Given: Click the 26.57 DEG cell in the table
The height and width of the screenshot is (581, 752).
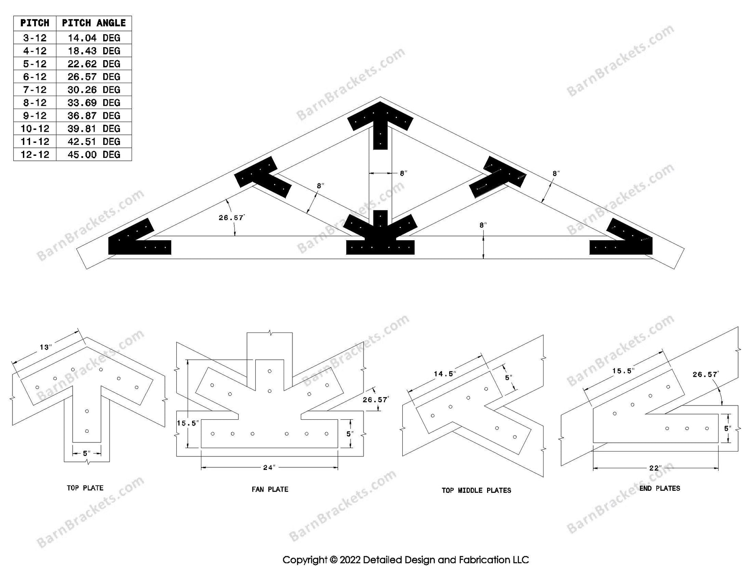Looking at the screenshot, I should pyautogui.click(x=94, y=77).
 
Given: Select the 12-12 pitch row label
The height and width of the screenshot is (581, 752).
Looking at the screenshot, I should pyautogui.click(x=35, y=155).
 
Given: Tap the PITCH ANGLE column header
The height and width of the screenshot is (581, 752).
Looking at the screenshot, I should pyautogui.click(x=94, y=23).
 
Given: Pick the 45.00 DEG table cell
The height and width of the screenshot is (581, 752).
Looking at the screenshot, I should pyautogui.click(x=94, y=155).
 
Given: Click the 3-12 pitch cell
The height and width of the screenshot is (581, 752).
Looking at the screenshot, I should pyautogui.click(x=35, y=38).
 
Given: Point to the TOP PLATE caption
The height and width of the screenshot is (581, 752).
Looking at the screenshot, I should pyautogui.click(x=85, y=488).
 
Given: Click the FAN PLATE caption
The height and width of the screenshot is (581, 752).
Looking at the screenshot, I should pyautogui.click(x=270, y=489).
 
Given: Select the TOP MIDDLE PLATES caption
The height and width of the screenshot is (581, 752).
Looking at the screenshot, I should pyautogui.click(x=476, y=490).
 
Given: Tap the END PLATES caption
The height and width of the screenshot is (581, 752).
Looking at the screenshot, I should pyautogui.click(x=660, y=488).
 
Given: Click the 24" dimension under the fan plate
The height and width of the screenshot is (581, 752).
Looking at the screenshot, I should pyautogui.click(x=269, y=467).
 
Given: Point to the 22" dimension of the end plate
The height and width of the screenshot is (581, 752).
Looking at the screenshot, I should pyautogui.click(x=655, y=468).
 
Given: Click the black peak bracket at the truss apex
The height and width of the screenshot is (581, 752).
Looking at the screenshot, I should pyautogui.click(x=380, y=121).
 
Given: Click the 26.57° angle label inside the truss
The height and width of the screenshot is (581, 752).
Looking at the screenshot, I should pyautogui.click(x=231, y=218).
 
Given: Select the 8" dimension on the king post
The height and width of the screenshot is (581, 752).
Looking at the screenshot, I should pyautogui.click(x=403, y=173).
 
